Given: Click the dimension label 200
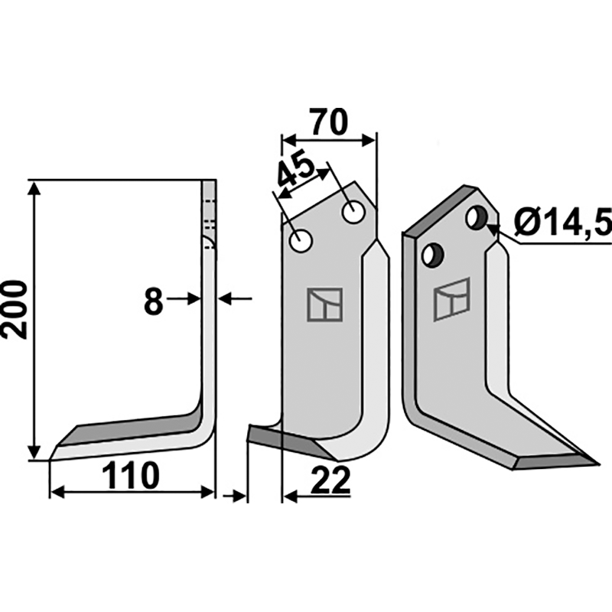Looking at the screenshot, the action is (x=15, y=310).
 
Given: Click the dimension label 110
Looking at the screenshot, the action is (x=131, y=476).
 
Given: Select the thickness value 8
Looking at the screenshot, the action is (x=153, y=301).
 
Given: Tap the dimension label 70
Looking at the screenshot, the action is (x=328, y=122).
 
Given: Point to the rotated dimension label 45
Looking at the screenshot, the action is (x=297, y=172).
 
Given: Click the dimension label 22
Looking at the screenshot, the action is (x=330, y=480).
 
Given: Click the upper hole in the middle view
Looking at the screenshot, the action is (x=353, y=213).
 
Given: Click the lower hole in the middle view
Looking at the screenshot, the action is (x=301, y=241).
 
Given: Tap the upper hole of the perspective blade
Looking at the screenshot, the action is (x=477, y=218).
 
